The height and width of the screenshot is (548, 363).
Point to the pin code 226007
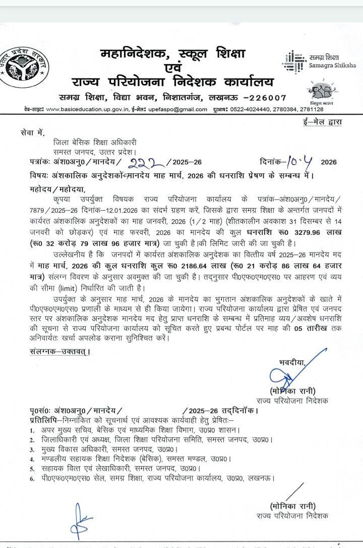(x=267, y=97)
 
